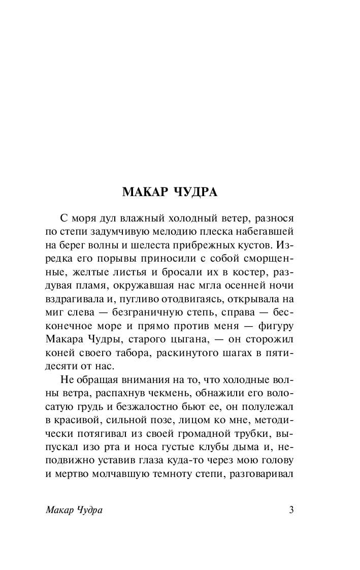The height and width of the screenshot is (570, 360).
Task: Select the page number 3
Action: (291, 510)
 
